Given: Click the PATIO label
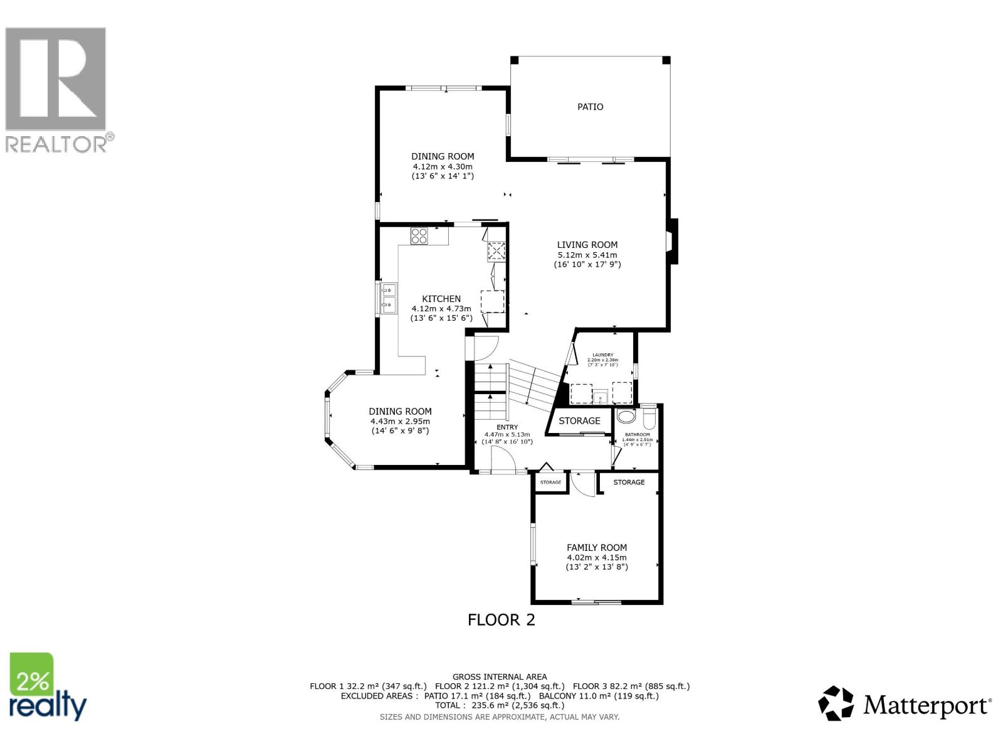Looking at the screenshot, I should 590,107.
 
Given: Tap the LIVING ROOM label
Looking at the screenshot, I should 587,245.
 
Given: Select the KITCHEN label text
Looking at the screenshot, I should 441,299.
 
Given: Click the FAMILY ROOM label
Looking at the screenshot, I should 597,547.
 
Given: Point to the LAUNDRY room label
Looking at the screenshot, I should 602,355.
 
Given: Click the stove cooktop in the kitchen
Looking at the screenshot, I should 419,236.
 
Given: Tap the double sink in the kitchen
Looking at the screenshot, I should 387,299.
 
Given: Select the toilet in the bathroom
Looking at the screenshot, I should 648,417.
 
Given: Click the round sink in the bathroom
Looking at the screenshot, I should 626,416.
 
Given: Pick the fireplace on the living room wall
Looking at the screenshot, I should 673,241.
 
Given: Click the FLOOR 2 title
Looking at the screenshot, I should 501,620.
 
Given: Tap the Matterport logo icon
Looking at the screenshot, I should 836,703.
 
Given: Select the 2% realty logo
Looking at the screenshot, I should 48,687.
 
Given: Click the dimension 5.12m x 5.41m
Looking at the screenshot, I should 587,255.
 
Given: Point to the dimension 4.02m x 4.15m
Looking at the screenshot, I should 597,557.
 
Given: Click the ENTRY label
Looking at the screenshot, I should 507,427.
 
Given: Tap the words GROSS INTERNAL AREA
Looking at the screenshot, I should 500,676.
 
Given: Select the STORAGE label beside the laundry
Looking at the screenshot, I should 579,420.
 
